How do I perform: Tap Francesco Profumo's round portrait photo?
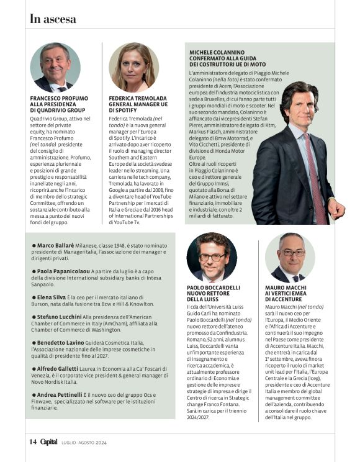[x=55, y=67]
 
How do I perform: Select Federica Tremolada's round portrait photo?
[x=133, y=67]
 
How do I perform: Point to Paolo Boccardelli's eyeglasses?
[x=212, y=256]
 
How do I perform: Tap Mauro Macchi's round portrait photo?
[x=290, y=257]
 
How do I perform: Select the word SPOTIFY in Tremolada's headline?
[x=125, y=111]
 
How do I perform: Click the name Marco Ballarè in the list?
[x=56, y=247]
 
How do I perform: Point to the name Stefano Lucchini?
[x=61, y=317]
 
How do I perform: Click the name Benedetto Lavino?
[x=61, y=343]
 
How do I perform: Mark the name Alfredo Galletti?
[x=60, y=368]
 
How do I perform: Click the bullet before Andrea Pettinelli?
[x=34, y=394]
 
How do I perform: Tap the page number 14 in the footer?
[x=34, y=442]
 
